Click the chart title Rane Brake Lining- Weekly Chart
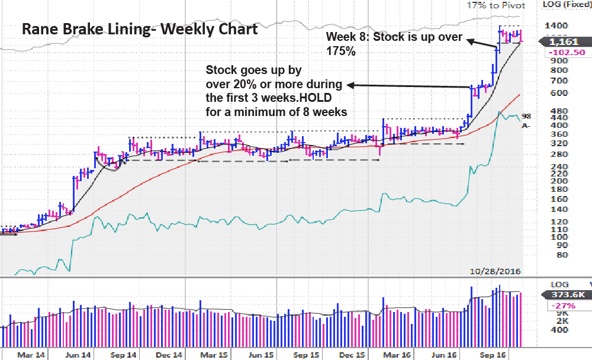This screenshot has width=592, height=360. [x=140, y=28]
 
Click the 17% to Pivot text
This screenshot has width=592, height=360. [x=496, y=5]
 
